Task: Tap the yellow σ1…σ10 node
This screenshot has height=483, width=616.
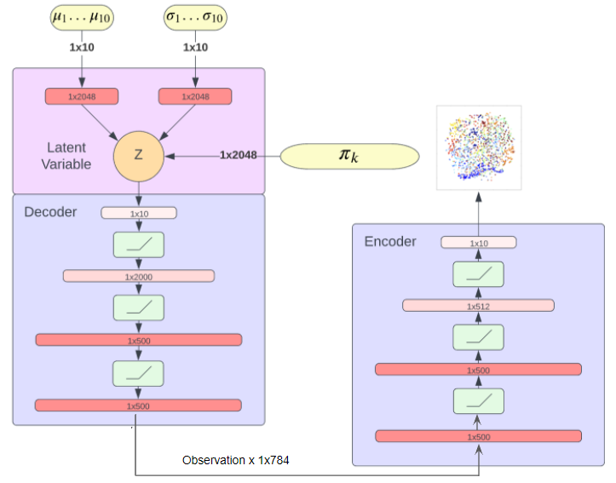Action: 196,18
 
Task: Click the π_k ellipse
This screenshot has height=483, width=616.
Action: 350,155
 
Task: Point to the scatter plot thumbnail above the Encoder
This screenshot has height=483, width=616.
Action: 478,147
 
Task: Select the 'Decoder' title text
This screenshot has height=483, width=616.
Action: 50,211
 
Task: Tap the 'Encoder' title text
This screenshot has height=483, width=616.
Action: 390,241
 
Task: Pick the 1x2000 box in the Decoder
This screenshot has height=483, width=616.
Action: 138,276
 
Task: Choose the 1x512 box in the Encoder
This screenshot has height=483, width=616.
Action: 478,305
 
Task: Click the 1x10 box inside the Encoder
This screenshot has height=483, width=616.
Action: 478,243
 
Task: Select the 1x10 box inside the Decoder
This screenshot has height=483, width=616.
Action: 138,213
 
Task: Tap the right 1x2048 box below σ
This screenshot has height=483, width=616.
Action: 196,96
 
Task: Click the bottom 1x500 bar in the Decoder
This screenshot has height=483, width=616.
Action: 138,405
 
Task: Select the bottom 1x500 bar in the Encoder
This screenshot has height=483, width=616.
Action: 478,436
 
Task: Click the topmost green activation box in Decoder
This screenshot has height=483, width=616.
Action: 138,244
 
